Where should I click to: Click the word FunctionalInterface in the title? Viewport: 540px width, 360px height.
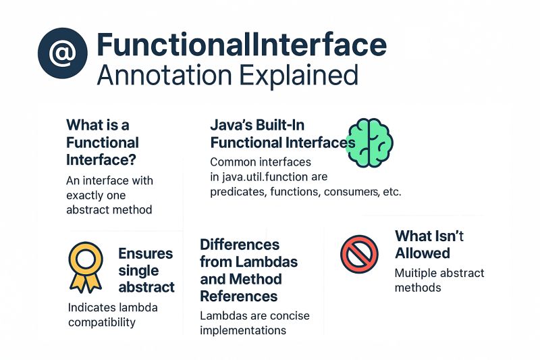pyautogui.click(x=242, y=45)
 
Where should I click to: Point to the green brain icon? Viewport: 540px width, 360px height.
pyautogui.click(x=369, y=143)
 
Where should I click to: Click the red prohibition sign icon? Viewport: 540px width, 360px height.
pyautogui.click(x=359, y=254)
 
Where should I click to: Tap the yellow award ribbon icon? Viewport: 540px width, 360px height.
pyautogui.click(x=86, y=267)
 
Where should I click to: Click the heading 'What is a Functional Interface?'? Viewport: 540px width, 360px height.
pyautogui.click(x=102, y=143)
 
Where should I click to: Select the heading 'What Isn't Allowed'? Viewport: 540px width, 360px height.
pyautogui.click(x=429, y=245)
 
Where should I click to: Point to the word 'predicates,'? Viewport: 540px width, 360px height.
pyautogui.click(x=240, y=192)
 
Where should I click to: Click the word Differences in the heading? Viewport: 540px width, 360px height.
pyautogui.click(x=240, y=244)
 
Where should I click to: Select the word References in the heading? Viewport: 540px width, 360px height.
pyautogui.click(x=239, y=296)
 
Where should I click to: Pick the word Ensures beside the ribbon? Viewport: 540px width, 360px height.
pyautogui.click(x=145, y=253)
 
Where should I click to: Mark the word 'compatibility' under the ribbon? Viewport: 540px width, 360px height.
pyautogui.click(x=101, y=322)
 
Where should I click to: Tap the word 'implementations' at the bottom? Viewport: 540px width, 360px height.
pyautogui.click(x=243, y=330)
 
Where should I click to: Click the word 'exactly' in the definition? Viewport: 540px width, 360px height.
pyautogui.click(x=86, y=195)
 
